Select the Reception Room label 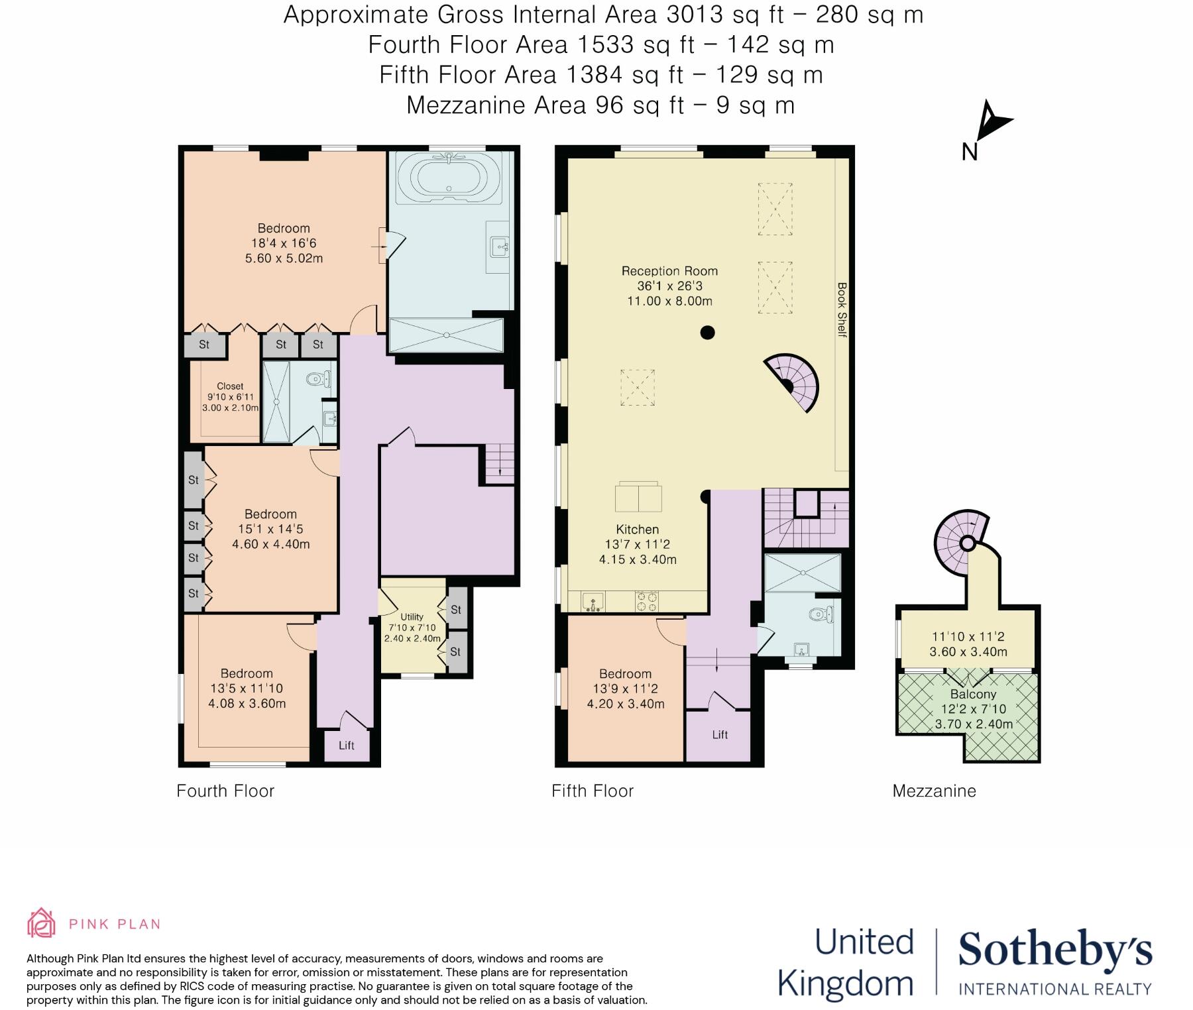coord(669,271)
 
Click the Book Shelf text coord(842,309)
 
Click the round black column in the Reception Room coord(707,333)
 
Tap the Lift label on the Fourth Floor coord(346,746)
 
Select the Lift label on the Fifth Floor coord(720,734)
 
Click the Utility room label coord(412,616)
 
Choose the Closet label coord(230,386)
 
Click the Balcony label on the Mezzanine coord(973,694)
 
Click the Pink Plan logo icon coord(41,923)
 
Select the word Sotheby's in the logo coord(1055,950)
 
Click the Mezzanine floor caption coord(934,791)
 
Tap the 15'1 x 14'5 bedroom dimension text coord(270,529)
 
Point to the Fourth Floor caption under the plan coord(225,791)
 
